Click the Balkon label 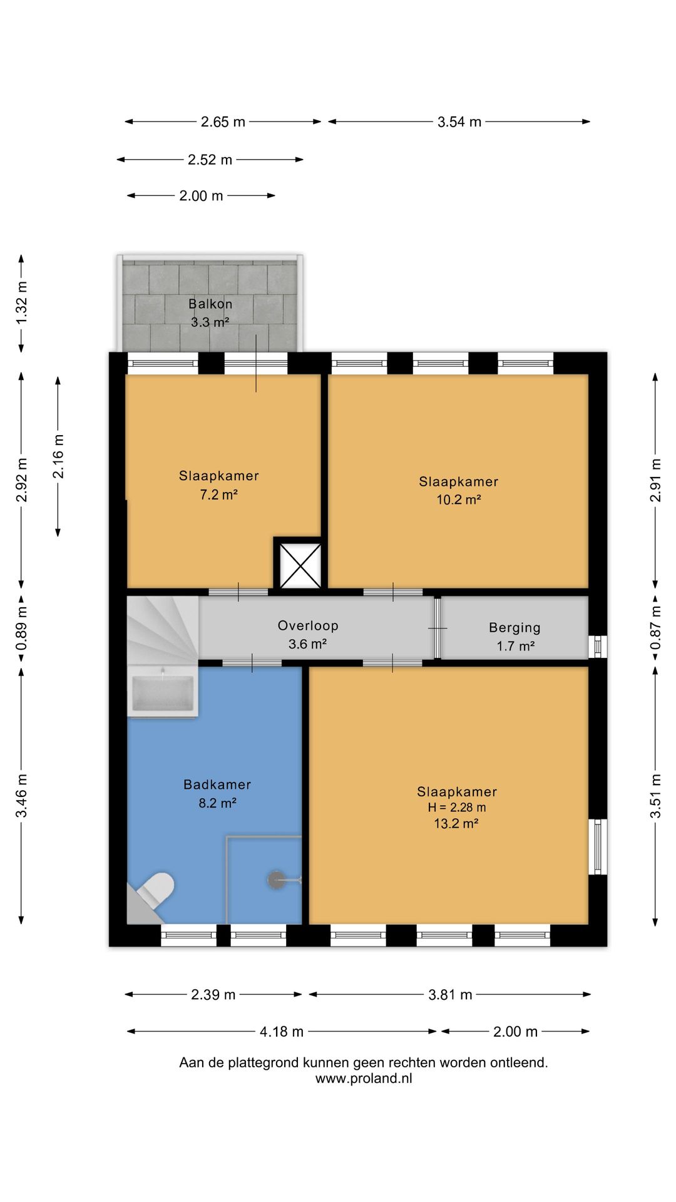210,304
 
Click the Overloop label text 308,625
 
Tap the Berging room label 515,628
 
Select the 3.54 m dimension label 459,122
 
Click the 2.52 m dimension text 210,160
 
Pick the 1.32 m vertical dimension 22,303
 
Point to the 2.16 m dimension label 58,456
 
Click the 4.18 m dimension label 282,1032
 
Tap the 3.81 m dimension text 450,995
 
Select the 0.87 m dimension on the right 655,628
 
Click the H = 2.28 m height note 457,808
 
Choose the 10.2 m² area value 459,500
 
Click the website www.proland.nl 364,1079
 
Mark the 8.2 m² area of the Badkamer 217,803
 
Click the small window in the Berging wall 598,647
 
